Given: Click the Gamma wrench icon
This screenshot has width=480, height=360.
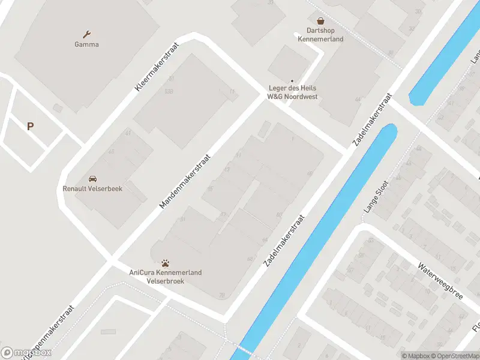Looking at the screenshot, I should (87, 34).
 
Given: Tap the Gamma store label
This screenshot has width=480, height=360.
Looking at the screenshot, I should (87, 44).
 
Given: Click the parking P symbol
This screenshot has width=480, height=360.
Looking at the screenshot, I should (30, 126).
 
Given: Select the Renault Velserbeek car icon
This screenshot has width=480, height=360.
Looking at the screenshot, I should (92, 179).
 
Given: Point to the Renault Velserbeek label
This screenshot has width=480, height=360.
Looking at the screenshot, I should (92, 188).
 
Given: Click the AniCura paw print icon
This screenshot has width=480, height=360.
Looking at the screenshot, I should (166, 263).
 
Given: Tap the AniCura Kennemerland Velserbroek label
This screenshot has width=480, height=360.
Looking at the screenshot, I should (166, 277).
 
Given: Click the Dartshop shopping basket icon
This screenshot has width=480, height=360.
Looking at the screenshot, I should (320, 20).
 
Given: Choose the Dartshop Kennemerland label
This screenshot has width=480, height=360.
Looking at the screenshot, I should (320, 35).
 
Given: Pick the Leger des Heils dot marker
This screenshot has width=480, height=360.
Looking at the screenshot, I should (292, 81).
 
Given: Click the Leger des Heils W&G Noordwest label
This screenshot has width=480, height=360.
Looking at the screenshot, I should (292, 92).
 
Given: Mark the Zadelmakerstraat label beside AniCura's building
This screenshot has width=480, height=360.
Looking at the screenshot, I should (284, 240).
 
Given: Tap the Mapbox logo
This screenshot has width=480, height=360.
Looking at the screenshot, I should (26, 353).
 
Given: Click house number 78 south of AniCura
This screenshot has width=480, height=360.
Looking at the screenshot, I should (222, 295).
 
